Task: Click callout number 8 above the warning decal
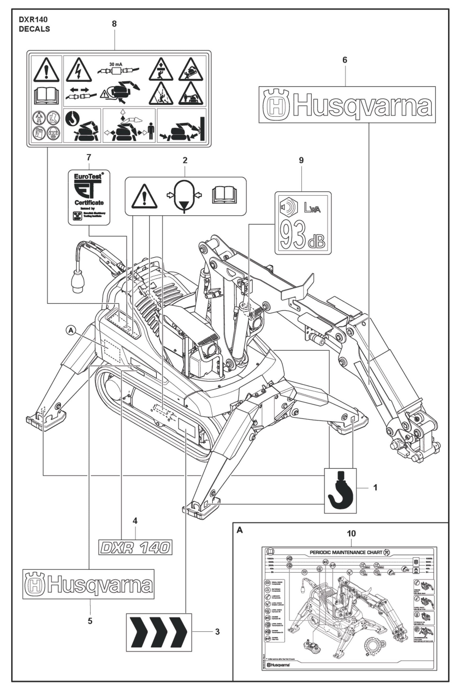pyautogui.click(x=114, y=24)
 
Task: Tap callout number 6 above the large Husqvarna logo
pyautogui.click(x=345, y=60)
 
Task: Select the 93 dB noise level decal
pyautogui.click(x=303, y=223)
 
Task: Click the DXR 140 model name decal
pyautogui.click(x=135, y=547)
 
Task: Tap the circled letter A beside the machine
pyautogui.click(x=70, y=330)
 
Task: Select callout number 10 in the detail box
pyautogui.click(x=351, y=533)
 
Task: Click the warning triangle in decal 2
pyautogui.click(x=144, y=196)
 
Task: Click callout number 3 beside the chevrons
pyautogui.click(x=217, y=632)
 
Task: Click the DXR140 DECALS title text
pyautogui.click(x=34, y=24)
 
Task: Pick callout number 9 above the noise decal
pyautogui.click(x=301, y=160)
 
